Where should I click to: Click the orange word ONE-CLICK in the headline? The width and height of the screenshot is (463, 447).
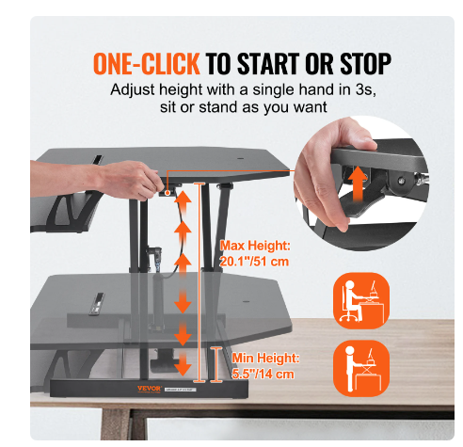tap(146, 64)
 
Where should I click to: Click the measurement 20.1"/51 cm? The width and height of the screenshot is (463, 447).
tap(253, 263)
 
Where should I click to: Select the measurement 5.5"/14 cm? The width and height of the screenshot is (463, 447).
tap(257, 374)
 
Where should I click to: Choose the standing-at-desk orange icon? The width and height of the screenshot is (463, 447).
tap(360, 367)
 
